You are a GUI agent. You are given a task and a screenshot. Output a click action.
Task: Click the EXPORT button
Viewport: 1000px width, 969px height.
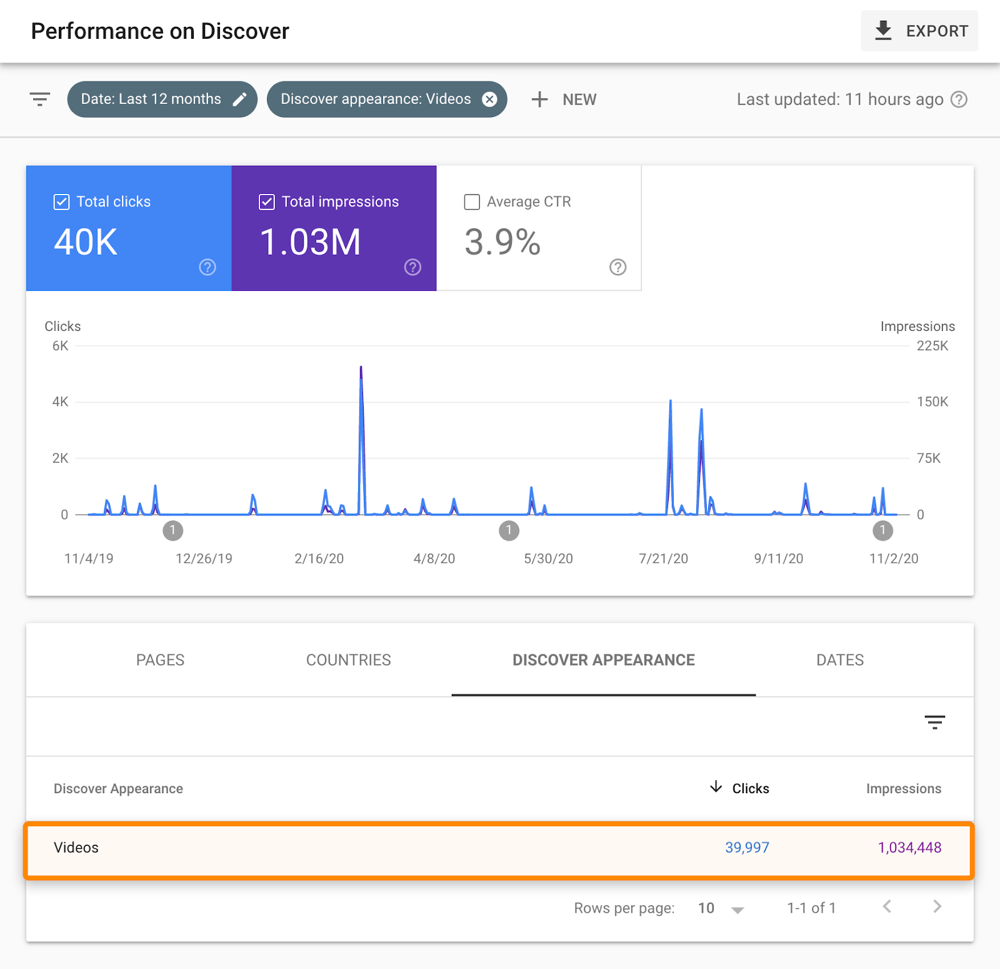coord(919,31)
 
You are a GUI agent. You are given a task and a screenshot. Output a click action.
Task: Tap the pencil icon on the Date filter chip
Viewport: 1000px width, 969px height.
coord(239,99)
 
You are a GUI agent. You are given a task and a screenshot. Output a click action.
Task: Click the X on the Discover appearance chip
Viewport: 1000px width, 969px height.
coord(490,99)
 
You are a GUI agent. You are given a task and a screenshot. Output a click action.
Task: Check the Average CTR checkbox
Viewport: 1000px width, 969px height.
coord(472,202)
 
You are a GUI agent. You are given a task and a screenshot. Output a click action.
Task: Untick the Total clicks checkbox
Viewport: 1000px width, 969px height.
coord(61,202)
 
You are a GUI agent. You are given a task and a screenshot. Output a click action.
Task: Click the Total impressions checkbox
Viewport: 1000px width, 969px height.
coord(267,202)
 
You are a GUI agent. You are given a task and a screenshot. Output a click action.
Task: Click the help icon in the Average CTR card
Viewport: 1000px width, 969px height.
coord(617,267)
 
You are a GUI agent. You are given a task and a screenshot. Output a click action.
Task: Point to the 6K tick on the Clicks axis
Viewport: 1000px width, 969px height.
coord(61,346)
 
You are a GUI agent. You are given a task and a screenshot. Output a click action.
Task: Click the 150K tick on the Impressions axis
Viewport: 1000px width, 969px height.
coord(932,402)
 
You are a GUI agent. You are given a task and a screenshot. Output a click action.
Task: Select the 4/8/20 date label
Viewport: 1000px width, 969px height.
coord(434,559)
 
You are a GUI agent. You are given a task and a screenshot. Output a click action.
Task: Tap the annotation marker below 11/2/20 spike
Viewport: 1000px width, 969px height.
coord(882,530)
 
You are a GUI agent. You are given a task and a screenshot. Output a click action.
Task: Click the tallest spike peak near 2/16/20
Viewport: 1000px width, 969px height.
coord(361,368)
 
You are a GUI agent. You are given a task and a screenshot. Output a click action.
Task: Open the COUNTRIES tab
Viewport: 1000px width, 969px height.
coord(348,660)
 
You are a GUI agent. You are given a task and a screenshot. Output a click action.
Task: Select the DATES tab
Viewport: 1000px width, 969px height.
coord(840,660)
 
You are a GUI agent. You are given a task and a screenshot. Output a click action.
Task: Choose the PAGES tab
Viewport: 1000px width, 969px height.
coord(160,660)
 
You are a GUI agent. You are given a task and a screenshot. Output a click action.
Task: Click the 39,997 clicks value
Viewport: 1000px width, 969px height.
coord(747,848)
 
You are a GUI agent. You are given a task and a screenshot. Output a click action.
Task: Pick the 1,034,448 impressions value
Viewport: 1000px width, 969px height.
coord(909,848)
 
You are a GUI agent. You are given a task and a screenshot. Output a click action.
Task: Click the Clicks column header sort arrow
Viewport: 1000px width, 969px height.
coord(716,787)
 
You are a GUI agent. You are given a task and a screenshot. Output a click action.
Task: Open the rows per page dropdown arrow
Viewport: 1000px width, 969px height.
coord(737,910)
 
